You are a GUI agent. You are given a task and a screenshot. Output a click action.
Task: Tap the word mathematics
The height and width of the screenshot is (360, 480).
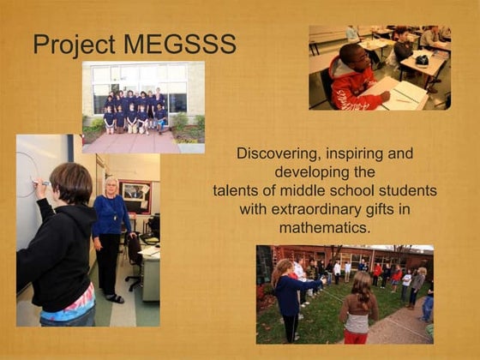325,228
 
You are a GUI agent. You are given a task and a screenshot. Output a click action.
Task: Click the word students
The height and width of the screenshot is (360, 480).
408,190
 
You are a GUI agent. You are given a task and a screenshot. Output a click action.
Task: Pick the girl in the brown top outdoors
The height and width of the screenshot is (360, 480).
358,309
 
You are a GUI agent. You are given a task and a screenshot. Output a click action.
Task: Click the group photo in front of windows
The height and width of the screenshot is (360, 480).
143,106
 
